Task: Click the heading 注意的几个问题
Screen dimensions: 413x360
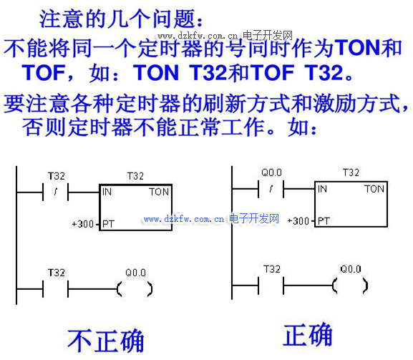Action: tap(117, 19)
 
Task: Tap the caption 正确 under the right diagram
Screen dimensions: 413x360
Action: tap(308, 334)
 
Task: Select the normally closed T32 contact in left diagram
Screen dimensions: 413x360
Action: tap(56, 192)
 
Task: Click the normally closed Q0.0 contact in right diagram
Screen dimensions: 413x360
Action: tap(271, 189)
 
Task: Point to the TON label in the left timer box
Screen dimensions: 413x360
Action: tap(159, 192)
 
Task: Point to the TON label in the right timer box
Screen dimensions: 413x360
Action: tap(374, 189)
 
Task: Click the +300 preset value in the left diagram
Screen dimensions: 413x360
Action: tap(83, 224)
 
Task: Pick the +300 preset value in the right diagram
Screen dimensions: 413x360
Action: tap(298, 221)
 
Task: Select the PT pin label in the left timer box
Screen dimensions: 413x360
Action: tap(108, 224)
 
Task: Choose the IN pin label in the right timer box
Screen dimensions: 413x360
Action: tap(322, 189)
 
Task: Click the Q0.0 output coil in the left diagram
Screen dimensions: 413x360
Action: tap(135, 289)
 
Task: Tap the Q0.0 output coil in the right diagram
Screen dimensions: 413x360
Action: tap(350, 286)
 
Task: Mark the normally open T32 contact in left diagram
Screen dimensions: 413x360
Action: tap(56, 289)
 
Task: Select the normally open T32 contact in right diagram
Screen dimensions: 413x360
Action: tap(271, 286)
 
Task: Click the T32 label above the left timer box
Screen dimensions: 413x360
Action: tap(135, 176)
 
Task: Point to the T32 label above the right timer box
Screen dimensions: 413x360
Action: tap(351, 172)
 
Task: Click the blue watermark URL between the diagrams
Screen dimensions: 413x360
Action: tap(211, 219)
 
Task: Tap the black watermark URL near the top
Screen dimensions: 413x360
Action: tap(225, 35)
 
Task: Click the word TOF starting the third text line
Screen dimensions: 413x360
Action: tap(44, 73)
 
